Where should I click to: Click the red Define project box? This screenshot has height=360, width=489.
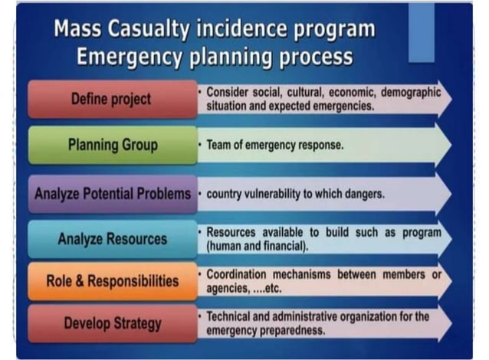112,100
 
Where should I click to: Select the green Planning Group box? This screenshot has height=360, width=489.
112,145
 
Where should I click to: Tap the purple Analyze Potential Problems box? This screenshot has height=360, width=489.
112,194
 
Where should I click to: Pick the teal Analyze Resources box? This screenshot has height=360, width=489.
112,239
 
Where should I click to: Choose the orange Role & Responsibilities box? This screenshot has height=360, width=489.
112,280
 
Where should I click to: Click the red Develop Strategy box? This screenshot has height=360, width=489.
112,323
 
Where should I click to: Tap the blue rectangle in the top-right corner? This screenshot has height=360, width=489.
421,32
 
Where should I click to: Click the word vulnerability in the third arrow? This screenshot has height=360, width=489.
274,194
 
